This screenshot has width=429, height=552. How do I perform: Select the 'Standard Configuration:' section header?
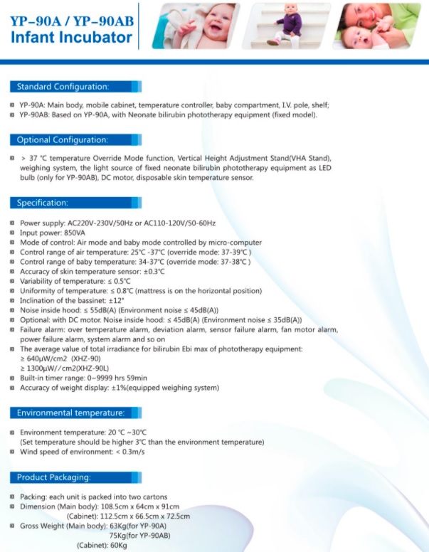coord(63,87)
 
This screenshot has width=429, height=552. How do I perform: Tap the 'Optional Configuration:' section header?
coord(63,140)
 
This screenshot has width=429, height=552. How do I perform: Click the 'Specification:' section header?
coord(43,203)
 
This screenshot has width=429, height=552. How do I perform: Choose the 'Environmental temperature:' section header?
coord(70,413)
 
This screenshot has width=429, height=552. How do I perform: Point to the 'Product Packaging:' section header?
coord(53,477)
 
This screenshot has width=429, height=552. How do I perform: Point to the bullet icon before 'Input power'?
coord(12,233)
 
